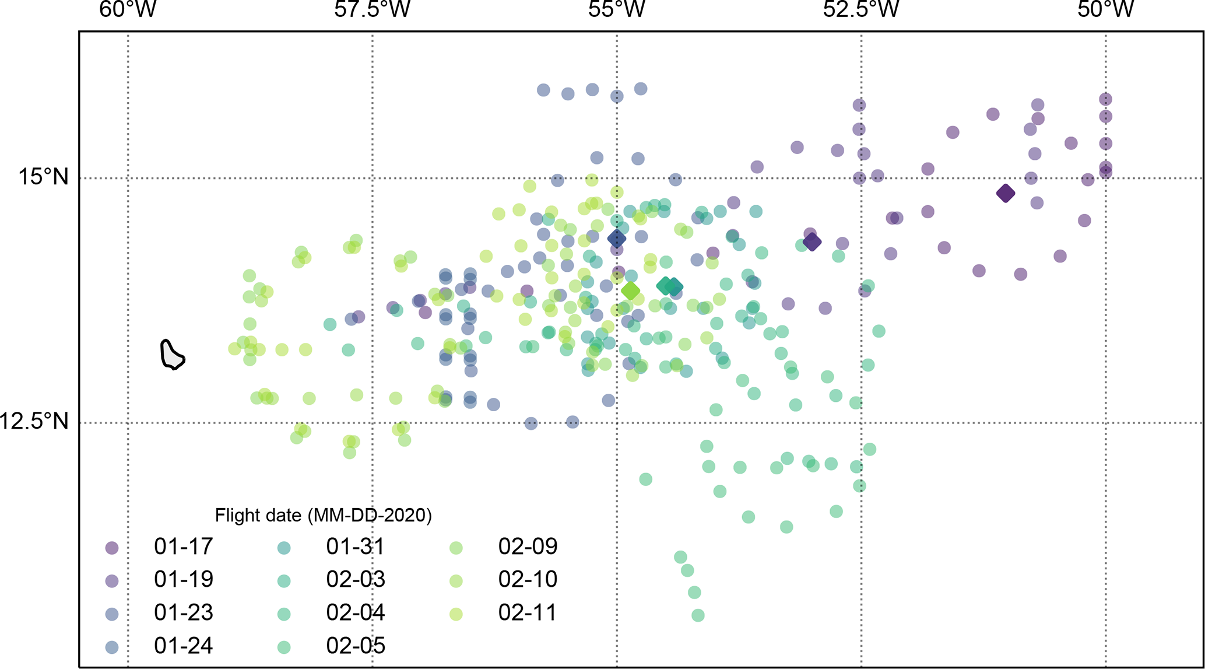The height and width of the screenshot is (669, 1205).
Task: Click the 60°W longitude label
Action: pyautogui.click(x=128, y=10)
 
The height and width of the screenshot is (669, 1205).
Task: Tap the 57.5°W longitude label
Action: pyautogui.click(x=372, y=10)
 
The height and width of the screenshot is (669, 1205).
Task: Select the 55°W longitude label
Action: pyautogui.click(x=617, y=10)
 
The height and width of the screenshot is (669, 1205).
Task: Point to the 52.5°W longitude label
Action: pyautogui.click(x=861, y=10)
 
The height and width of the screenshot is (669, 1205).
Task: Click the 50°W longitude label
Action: pyautogui.click(x=1105, y=10)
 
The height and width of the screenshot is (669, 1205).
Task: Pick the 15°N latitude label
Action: pyautogui.click(x=44, y=176)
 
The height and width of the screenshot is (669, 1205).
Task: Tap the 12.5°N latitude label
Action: pyautogui.click(x=35, y=421)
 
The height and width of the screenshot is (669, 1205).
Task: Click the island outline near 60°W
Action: pyautogui.click(x=171, y=355)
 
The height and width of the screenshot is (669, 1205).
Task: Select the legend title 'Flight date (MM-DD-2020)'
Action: pyautogui.click(x=323, y=515)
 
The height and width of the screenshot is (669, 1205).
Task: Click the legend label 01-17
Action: pyautogui.click(x=184, y=547)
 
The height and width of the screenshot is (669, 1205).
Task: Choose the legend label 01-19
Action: pyautogui.click(x=184, y=579)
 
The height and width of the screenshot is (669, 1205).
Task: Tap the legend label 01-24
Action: pyautogui.click(x=184, y=646)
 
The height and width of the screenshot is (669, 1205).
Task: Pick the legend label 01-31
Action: pyautogui.click(x=356, y=547)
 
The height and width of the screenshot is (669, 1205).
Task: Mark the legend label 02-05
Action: pyautogui.click(x=356, y=646)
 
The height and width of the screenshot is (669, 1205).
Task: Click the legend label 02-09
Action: pyautogui.click(x=528, y=547)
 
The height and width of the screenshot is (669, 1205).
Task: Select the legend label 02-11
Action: pyautogui.click(x=528, y=612)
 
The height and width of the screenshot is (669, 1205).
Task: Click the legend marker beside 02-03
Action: pyautogui.click(x=284, y=580)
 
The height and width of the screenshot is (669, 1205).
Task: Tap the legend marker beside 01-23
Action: pyautogui.click(x=111, y=614)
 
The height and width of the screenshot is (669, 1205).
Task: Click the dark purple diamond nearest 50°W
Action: pyautogui.click(x=1005, y=193)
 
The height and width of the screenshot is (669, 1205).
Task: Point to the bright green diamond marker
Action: pyautogui.click(x=630, y=290)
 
